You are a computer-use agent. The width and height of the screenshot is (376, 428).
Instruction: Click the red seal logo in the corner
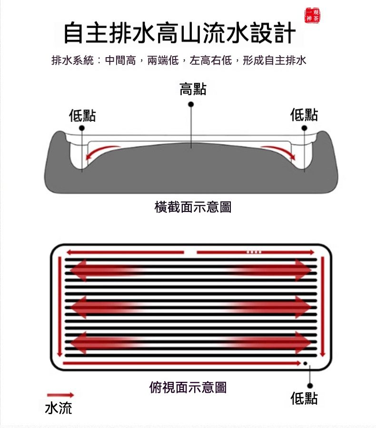[312, 15]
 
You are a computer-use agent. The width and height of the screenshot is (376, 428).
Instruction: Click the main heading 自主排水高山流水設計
[179, 33]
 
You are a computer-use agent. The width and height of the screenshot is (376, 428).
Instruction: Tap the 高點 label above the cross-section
[193, 89]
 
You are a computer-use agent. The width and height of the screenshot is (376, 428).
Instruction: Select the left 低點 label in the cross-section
[82, 115]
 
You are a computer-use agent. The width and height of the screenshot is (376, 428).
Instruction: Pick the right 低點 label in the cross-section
[304, 114]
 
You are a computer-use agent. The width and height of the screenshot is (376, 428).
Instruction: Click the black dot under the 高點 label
[191, 104]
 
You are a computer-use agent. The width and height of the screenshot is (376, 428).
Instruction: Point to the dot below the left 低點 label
[82, 128]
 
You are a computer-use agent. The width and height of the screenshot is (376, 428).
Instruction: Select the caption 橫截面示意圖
[193, 207]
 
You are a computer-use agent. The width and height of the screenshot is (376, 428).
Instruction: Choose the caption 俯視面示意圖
[188, 387]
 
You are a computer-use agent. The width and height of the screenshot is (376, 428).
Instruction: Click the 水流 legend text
[59, 408]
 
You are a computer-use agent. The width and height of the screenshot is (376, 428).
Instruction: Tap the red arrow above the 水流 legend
[60, 395]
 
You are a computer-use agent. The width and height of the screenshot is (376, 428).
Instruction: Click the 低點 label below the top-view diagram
[304, 398]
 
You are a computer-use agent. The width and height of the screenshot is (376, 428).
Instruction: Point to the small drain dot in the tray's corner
[306, 363]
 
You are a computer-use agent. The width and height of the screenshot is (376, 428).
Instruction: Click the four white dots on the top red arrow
[254, 252]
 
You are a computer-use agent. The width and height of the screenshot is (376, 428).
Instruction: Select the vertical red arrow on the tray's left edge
[59, 307]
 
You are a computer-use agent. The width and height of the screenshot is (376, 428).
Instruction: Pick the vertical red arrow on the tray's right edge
[323, 307]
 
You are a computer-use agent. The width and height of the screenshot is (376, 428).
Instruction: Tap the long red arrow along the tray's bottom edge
[182, 363]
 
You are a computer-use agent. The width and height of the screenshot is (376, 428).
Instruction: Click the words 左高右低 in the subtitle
[211, 60]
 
